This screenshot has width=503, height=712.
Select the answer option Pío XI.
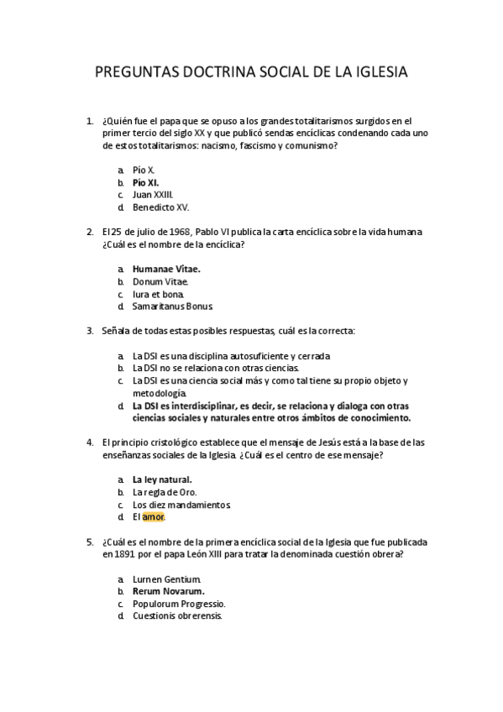tap(145, 181)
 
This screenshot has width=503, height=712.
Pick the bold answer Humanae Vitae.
tap(166, 269)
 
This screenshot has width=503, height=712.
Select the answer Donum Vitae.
tap(160, 281)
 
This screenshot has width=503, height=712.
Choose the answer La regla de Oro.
tap(165, 492)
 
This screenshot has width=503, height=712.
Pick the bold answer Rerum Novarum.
tap(168, 591)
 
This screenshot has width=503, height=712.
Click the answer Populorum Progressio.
tap(179, 603)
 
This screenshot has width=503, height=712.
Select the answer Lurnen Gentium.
tap(166, 578)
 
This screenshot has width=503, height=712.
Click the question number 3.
tap(90, 331)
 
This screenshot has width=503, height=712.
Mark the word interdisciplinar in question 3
tap(198, 405)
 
